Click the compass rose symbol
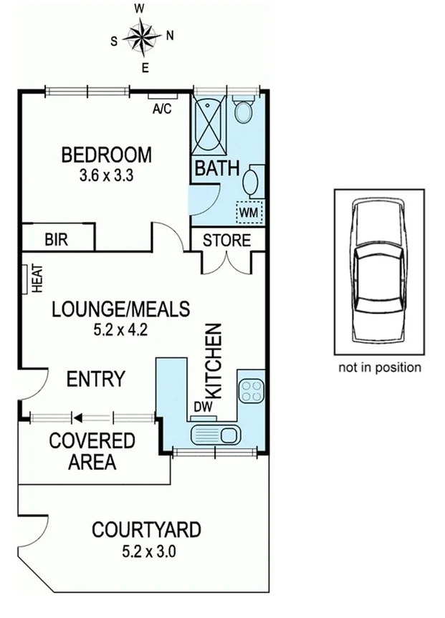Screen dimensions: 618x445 pyautogui.click(x=140, y=37)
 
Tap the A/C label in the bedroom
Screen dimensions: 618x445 pyautogui.click(x=162, y=109)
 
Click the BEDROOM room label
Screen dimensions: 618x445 pyautogui.click(x=106, y=155)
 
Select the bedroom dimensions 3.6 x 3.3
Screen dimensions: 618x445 pyautogui.click(x=107, y=175)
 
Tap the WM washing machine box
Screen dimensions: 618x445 pyautogui.click(x=249, y=213)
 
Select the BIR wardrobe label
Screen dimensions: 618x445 pyautogui.click(x=56, y=239)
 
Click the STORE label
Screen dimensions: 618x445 pyautogui.click(x=226, y=240)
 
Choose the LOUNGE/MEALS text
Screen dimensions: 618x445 pyautogui.click(x=120, y=309)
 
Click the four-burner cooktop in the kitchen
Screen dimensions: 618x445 pyautogui.click(x=252, y=390)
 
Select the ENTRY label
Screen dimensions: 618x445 pyautogui.click(x=95, y=378)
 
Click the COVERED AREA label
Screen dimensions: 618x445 pyautogui.click(x=92, y=451)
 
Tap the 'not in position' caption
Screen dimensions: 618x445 pyautogui.click(x=379, y=367)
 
